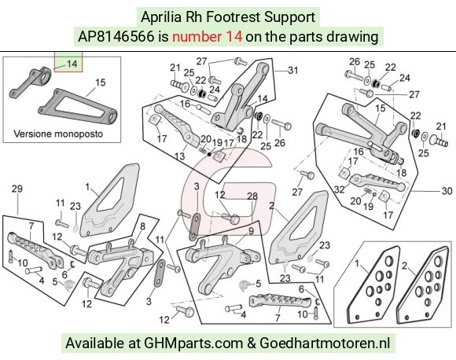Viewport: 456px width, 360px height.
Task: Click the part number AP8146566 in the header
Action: click(x=116, y=37)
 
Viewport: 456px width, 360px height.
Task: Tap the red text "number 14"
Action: click(x=207, y=37)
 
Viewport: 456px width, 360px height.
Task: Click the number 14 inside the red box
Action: click(x=72, y=64)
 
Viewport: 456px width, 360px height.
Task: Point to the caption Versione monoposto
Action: click(x=58, y=134)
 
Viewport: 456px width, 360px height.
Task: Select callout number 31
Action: click(x=292, y=70)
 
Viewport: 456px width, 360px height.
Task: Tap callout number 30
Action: click(x=447, y=191)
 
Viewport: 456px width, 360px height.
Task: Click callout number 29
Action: click(x=17, y=189)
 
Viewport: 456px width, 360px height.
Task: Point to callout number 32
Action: click(x=340, y=189)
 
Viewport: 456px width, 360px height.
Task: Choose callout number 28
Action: click(x=252, y=197)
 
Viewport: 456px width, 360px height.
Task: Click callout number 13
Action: click(x=179, y=156)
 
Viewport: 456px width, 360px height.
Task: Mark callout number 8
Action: click(x=142, y=226)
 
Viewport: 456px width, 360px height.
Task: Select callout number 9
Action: click(x=251, y=231)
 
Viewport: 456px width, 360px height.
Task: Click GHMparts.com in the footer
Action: click(x=193, y=343)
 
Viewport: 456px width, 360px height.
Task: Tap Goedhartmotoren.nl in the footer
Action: click(x=325, y=343)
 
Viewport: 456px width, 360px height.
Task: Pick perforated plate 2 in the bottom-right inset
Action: click(x=422, y=285)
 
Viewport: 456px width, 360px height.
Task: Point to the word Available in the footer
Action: click(x=94, y=343)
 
